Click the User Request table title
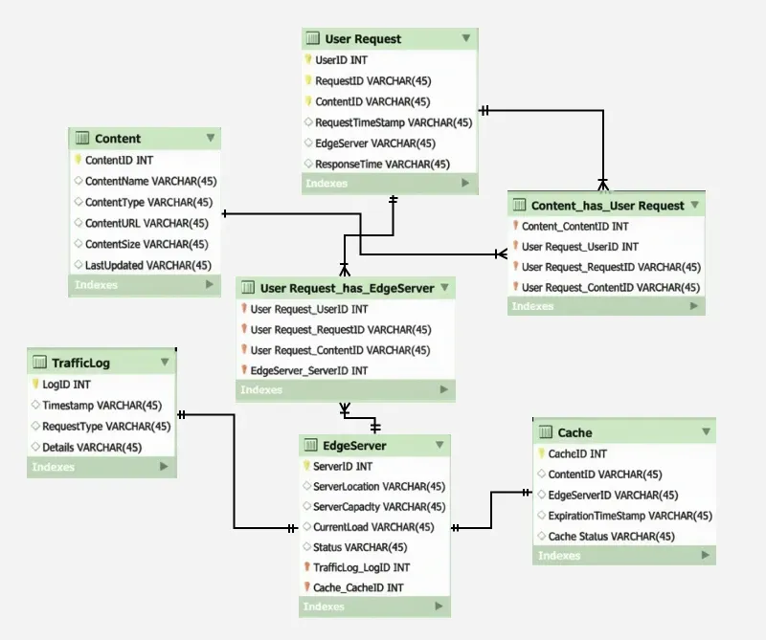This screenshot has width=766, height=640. pyautogui.click(x=363, y=39)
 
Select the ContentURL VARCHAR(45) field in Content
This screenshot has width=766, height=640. pyautogui.click(x=146, y=223)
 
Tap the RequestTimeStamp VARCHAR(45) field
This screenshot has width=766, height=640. pyautogui.click(x=394, y=122)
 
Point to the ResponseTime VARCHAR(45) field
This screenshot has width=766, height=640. pyautogui.click(x=382, y=164)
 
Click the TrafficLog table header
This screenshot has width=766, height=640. pyautogui.click(x=80, y=363)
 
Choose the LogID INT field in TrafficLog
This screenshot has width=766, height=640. pyautogui.click(x=68, y=385)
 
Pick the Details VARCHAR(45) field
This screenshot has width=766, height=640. pyautogui.click(x=92, y=447)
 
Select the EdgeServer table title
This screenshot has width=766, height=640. pyautogui.click(x=355, y=446)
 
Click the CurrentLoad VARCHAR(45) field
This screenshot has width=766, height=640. pyautogui.click(x=373, y=527)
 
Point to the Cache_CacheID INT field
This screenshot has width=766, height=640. pyautogui.click(x=358, y=587)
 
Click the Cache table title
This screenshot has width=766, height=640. pyautogui.click(x=574, y=432)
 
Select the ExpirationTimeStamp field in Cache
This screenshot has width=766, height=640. pyautogui.click(x=630, y=516)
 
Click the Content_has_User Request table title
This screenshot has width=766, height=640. pyautogui.click(x=607, y=206)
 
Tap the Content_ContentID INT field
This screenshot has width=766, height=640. pyautogui.click(x=574, y=227)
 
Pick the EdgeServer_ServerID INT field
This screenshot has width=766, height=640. pyautogui.click(x=308, y=370)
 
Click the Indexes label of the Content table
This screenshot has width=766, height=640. pyautogui.click(x=96, y=285)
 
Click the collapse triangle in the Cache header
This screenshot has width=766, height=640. pyautogui.click(x=704, y=432)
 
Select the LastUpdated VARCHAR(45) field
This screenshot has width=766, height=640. pyautogui.click(x=147, y=265)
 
